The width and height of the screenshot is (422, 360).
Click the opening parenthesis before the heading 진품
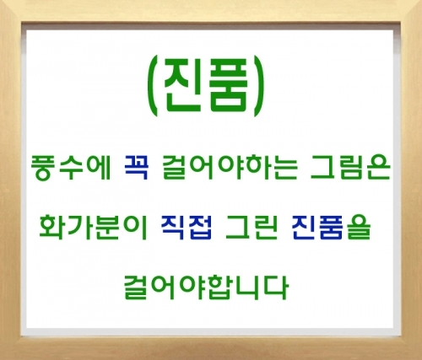click(x=153, y=88)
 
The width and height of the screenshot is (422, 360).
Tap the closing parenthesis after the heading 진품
click(x=259, y=88)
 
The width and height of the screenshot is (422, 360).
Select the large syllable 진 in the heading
click(x=182, y=87)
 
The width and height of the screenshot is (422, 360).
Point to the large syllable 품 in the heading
click(x=229, y=87)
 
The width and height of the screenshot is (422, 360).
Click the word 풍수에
click(x=70, y=168)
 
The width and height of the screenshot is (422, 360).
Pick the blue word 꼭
click(x=136, y=168)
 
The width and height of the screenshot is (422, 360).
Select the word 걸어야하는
click(x=230, y=168)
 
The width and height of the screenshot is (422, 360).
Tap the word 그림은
click(x=350, y=168)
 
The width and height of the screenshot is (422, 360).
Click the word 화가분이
click(x=93, y=227)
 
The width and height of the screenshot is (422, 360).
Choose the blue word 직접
click(x=187, y=227)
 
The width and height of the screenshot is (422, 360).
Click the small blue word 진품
click(x=317, y=227)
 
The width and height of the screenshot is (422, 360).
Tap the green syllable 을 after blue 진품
click(x=358, y=227)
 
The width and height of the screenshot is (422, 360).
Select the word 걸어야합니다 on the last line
click(x=206, y=287)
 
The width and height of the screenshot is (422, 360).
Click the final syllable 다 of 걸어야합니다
click(x=276, y=287)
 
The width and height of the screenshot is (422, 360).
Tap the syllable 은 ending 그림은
click(x=379, y=168)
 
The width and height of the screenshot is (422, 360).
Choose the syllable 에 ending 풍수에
click(x=99, y=168)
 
